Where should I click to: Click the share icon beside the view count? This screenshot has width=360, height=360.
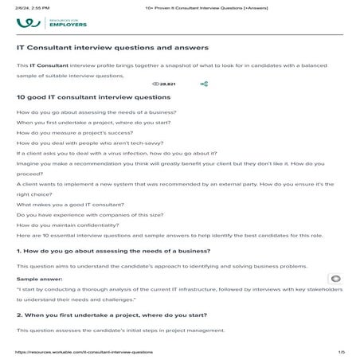(205, 83)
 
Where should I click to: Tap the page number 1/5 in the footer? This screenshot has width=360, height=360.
(341, 351)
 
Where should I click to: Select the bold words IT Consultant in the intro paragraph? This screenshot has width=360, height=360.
(53, 65)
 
